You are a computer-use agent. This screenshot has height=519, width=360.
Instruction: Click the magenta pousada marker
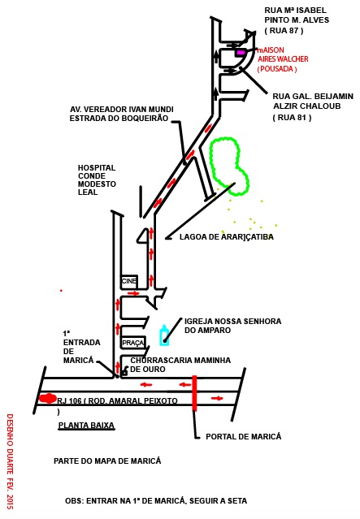241,52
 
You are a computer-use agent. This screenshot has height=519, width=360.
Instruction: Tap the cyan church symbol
164,335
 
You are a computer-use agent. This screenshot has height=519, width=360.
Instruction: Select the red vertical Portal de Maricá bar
194,393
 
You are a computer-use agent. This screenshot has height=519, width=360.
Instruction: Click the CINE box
129,281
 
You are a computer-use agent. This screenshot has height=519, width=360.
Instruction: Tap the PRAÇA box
132,343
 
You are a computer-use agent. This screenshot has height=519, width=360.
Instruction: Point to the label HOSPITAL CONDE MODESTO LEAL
97,180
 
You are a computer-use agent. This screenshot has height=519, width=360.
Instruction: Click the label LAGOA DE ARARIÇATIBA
227,237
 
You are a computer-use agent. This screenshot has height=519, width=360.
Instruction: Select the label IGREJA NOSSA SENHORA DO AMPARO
233,326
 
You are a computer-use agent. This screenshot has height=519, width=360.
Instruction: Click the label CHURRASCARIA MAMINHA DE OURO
180,365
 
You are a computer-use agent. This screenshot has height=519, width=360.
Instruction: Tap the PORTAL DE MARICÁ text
244,437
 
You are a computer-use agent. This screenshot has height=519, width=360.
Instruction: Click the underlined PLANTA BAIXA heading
86,426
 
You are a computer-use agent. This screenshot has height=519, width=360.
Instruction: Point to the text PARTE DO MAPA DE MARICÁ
107,461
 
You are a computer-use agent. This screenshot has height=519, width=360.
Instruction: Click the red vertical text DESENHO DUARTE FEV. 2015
10,461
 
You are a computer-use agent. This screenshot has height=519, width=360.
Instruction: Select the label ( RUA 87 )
284,30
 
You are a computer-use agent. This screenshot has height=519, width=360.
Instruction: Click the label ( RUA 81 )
292,118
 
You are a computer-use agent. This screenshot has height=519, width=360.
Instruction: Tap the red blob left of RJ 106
48,398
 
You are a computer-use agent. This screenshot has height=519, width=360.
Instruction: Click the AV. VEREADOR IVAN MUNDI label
122,110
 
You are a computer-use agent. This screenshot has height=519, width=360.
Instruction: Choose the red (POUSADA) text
277,69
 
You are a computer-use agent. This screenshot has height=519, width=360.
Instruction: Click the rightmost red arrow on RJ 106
217,398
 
